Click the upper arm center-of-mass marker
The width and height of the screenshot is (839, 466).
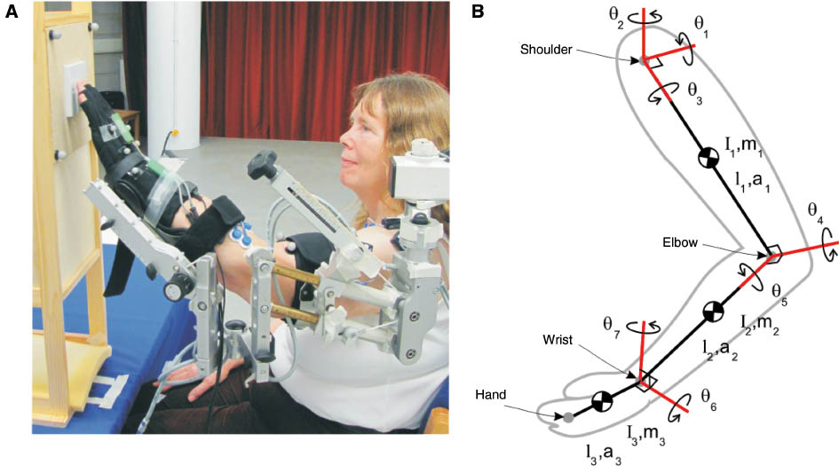[x=708, y=158]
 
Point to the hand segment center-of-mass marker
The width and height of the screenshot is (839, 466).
[x=602, y=402]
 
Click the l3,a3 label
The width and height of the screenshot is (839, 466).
[x=604, y=452]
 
